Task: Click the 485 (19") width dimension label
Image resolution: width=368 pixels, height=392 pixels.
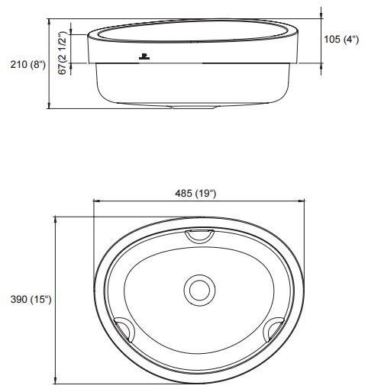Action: tap(196, 193)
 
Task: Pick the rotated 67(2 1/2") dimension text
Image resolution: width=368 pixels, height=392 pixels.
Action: tap(65, 47)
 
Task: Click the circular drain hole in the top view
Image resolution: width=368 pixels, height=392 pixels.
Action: tap(201, 290)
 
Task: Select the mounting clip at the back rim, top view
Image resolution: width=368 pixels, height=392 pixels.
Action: tap(200, 236)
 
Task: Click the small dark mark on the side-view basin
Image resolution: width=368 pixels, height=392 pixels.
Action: tap(144, 57)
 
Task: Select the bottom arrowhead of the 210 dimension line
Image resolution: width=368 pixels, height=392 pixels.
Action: tap(50, 105)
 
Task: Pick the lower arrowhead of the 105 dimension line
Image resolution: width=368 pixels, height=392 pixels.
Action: tap(321, 62)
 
